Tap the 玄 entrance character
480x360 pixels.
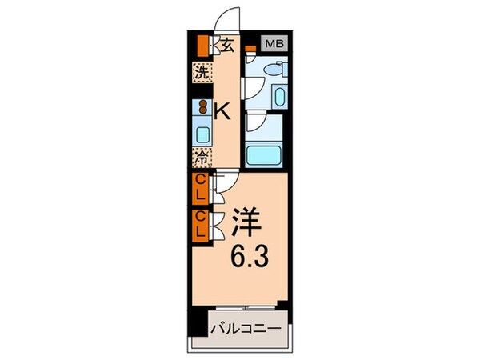(227, 45)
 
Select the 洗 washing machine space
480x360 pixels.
(203, 71)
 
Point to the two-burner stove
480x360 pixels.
(203, 106)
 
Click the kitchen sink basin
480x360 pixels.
(203, 133)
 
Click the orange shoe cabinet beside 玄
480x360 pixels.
(204, 44)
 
